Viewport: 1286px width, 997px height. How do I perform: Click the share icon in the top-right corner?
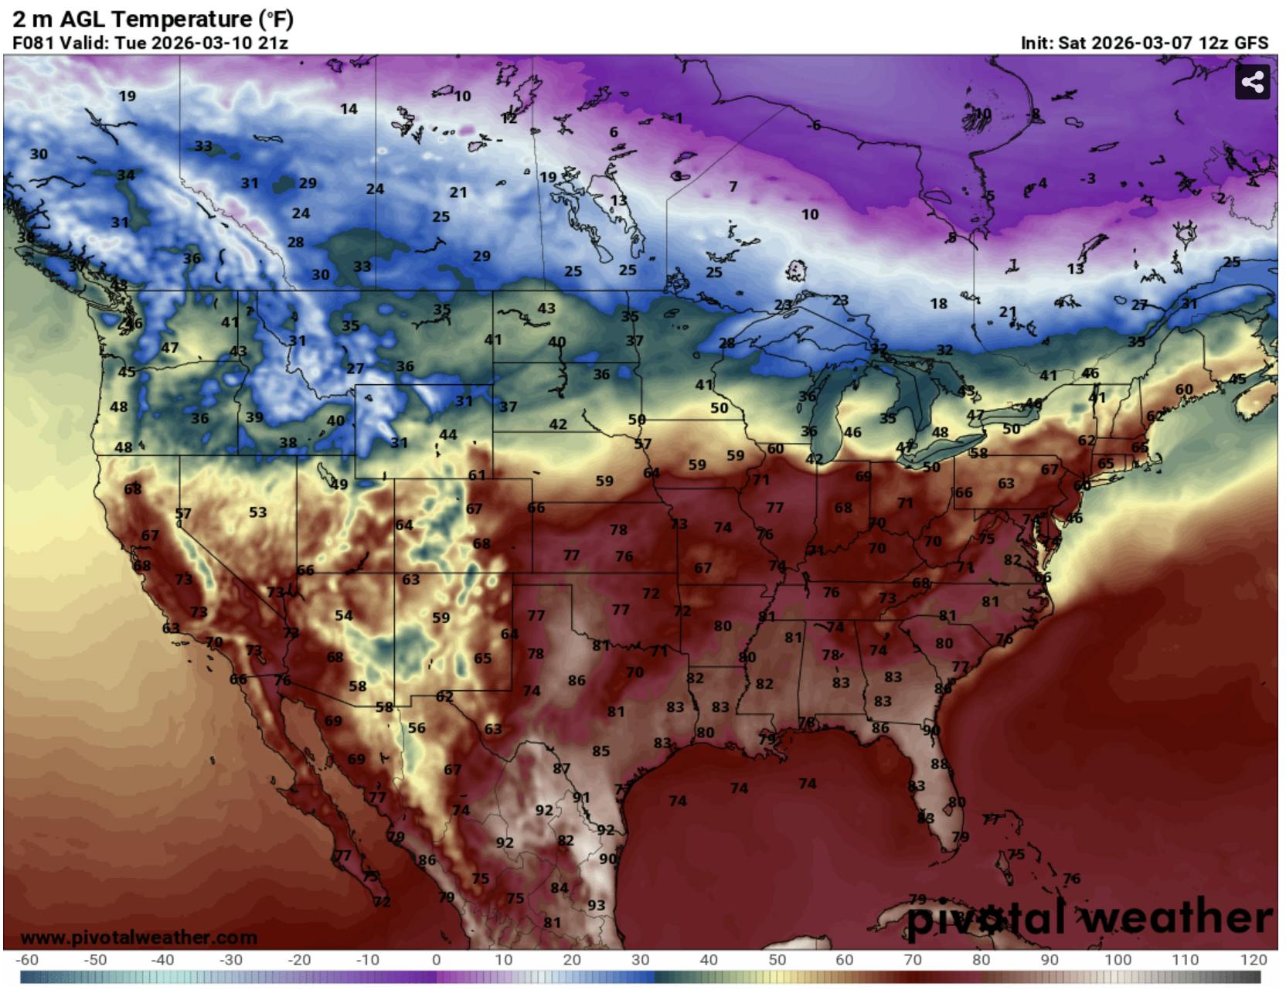click(1252, 82)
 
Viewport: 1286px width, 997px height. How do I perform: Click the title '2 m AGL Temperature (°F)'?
click(153, 19)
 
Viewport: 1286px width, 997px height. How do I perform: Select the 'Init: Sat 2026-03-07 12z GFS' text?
click(1144, 43)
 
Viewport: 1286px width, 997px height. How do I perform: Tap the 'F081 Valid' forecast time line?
click(150, 43)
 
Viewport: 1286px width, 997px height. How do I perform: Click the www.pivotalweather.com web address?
click(138, 937)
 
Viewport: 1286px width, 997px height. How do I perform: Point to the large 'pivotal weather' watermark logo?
click(1088, 918)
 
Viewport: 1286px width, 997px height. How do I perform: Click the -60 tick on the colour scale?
click(28, 960)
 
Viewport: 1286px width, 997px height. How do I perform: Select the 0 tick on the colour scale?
click(436, 960)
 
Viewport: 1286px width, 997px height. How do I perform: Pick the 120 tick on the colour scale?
click(1254, 960)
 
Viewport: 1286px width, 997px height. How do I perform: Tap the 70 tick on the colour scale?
click(913, 960)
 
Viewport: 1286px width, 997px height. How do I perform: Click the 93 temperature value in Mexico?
click(596, 905)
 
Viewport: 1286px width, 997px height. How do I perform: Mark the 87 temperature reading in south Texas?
click(561, 769)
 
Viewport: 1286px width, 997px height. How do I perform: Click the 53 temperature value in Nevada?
click(257, 512)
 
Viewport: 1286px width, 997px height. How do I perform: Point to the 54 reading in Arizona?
click(343, 615)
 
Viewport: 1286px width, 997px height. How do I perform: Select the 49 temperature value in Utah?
click(339, 485)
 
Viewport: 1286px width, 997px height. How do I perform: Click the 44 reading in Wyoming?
click(447, 435)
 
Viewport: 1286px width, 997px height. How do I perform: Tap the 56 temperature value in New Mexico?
click(417, 727)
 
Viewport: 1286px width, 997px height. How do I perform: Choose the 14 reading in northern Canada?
click(349, 109)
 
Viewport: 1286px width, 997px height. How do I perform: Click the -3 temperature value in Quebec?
click(1088, 179)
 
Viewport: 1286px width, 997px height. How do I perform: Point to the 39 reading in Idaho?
click(254, 417)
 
